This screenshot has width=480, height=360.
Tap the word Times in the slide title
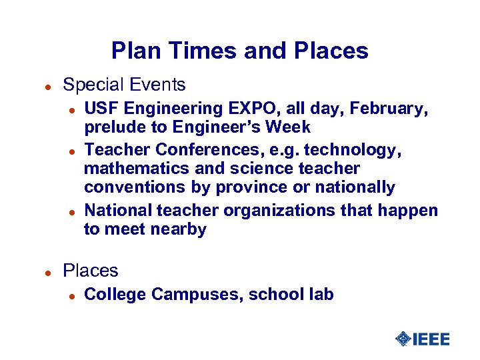(193, 51)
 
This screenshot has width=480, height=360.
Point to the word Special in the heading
(89, 85)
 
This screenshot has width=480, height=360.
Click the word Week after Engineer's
(287, 127)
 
